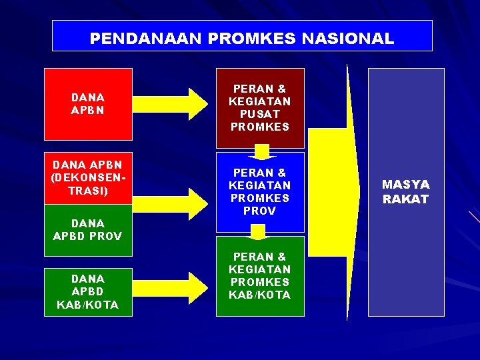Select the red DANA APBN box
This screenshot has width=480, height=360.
[x=88, y=103]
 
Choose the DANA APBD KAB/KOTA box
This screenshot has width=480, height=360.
[x=88, y=291]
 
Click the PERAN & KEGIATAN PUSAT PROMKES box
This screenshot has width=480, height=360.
[x=260, y=107]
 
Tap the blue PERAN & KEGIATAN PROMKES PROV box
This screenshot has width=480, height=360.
[x=260, y=192]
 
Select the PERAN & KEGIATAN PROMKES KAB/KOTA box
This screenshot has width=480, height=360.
[x=260, y=275]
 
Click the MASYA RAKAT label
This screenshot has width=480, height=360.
[x=406, y=191]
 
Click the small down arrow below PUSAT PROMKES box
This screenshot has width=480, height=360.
[x=261, y=153]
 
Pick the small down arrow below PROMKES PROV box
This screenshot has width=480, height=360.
[x=257, y=232]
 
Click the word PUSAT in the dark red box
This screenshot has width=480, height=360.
[x=260, y=114]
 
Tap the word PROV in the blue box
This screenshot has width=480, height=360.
[x=260, y=211]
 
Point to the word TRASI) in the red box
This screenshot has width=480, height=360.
[x=88, y=190]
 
